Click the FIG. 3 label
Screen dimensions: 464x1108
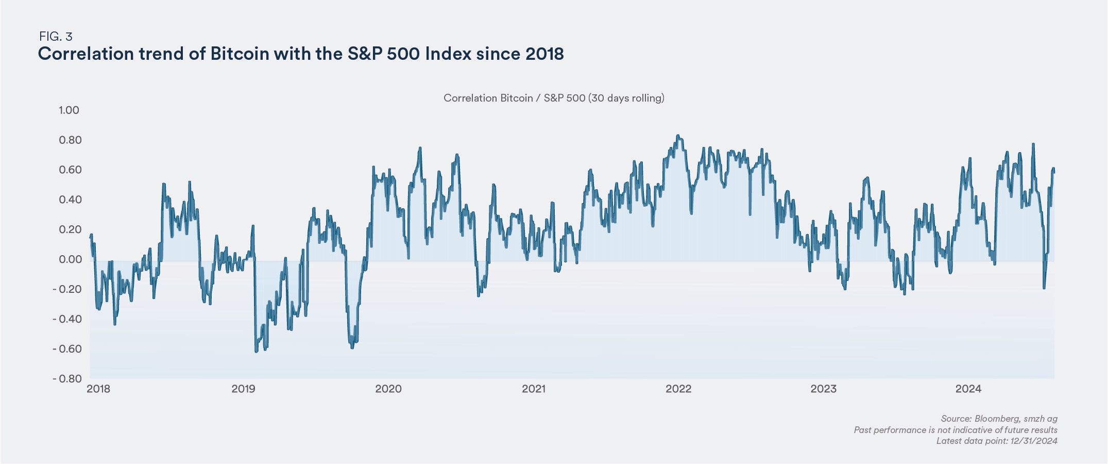56,37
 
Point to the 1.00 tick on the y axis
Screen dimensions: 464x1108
69,110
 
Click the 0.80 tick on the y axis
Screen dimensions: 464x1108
69,140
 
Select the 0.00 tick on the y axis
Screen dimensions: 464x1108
69,259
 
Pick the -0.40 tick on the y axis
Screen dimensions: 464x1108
67,319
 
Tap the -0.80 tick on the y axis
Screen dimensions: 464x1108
67,379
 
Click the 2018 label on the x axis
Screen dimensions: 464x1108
98,389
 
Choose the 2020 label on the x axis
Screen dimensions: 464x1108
388,389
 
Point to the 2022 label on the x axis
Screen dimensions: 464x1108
678,389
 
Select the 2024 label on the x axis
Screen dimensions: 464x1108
968,389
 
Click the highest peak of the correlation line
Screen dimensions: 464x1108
678,136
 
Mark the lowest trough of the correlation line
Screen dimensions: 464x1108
256,352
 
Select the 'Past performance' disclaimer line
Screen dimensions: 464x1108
956,430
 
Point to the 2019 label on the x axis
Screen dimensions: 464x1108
243,389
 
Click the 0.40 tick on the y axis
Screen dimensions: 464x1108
69,200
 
